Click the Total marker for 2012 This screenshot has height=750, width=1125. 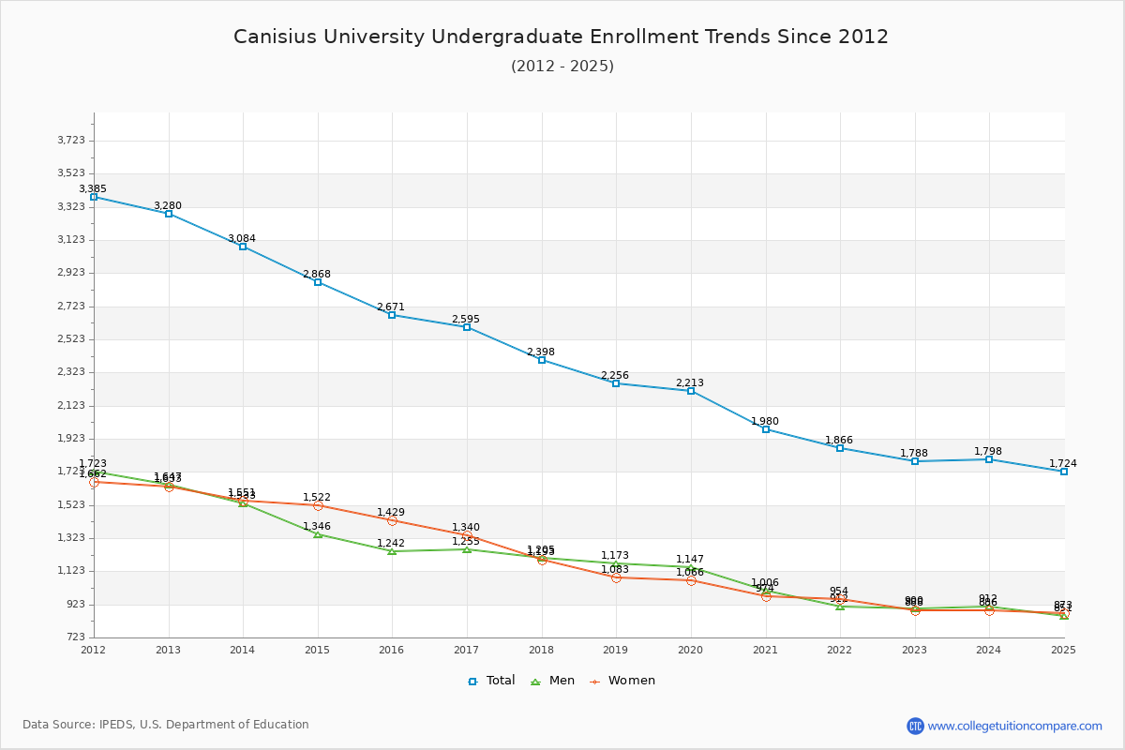coord(94,197)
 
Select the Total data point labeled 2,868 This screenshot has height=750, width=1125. coord(318,282)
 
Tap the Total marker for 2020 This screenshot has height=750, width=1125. coord(691,391)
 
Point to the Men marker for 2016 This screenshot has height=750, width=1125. coord(392,551)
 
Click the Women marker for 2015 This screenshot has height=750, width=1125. coord(318,505)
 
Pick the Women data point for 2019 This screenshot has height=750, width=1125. coord(616,577)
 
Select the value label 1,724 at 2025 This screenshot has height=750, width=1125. coord(1062,464)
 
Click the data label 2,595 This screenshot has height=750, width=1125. coord(465,320)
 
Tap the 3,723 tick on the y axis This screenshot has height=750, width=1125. coord(71,141)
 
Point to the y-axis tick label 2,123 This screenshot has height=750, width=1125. coord(71,405)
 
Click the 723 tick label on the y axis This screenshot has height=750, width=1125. coord(76,637)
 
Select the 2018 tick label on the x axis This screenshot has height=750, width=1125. coord(541,650)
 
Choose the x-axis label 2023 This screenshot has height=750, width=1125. coord(914,650)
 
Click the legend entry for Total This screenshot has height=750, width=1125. coord(491,681)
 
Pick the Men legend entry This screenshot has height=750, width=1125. coord(553,681)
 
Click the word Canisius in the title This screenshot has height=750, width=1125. coord(272,37)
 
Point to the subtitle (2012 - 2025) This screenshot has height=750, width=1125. coord(562,67)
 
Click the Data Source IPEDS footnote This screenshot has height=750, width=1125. coord(166,725)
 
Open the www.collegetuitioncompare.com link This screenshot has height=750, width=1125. coord(1014,726)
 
